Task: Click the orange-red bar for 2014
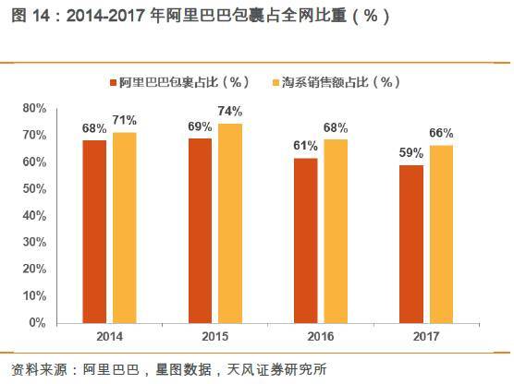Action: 94,231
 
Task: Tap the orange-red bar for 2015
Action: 200,230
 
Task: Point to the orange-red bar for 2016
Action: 306,240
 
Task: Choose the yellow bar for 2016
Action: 337,231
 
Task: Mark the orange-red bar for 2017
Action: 411,244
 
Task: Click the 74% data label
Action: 231,111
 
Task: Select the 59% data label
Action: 411,152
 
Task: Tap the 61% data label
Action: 306,146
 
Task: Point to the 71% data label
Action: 125,120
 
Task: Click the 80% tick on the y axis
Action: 34,108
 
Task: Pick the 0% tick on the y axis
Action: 37,323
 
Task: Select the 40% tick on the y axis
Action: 34,215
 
